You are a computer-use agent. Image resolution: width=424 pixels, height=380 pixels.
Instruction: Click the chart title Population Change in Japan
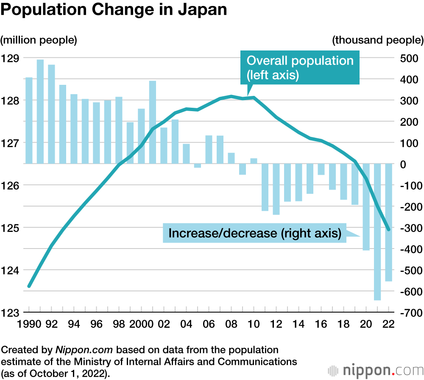click(x=114, y=11)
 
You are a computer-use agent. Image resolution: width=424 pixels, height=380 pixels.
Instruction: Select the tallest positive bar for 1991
click(x=40, y=111)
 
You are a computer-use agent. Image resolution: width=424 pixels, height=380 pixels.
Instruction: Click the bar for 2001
click(x=153, y=122)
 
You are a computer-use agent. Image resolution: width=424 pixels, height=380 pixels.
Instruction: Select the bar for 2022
click(x=389, y=222)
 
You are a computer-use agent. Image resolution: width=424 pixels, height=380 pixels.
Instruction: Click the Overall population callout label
click(x=300, y=68)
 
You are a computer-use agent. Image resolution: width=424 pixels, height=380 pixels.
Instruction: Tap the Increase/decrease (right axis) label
click(x=254, y=233)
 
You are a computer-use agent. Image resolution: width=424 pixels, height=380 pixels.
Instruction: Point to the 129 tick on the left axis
click(x=9, y=58)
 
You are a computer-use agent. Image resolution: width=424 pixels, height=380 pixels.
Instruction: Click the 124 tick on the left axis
click(x=9, y=270)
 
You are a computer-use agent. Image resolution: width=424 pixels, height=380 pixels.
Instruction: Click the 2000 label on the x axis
click(x=140, y=324)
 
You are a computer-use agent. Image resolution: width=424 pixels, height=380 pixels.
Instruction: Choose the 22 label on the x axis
click(x=388, y=324)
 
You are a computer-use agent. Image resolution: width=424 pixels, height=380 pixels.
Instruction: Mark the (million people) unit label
click(x=39, y=40)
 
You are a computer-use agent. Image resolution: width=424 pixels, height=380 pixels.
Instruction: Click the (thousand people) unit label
click(x=378, y=40)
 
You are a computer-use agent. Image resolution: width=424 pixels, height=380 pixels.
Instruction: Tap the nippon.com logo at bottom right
click(x=375, y=369)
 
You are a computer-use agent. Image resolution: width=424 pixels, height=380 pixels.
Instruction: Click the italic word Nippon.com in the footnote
click(x=84, y=350)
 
